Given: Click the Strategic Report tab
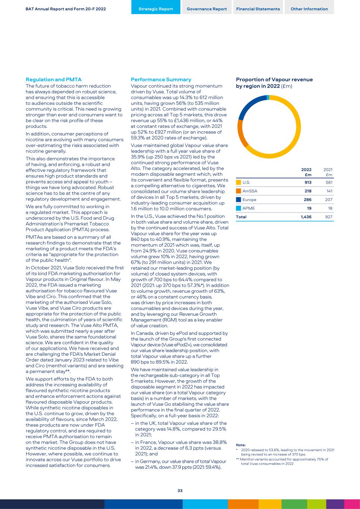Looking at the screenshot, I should [x=156, y=9].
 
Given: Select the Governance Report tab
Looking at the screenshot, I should [x=207, y=9].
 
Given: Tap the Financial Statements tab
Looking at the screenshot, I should [x=258, y=9].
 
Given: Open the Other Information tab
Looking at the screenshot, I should [x=309, y=9].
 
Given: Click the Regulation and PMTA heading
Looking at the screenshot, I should [x=54, y=79].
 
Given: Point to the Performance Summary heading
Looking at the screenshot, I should [x=161, y=79].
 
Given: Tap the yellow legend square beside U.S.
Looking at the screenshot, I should [x=239, y=182].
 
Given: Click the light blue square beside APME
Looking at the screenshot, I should [x=239, y=208].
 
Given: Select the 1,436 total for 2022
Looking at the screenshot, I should [x=306, y=217].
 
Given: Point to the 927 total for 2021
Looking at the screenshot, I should [x=328, y=217].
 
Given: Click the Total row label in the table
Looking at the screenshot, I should [x=241, y=217].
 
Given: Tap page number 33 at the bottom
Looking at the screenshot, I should [x=180, y=491].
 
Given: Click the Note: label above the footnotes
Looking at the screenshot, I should [x=241, y=445].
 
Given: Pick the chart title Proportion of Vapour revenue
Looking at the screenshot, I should [x=274, y=79].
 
